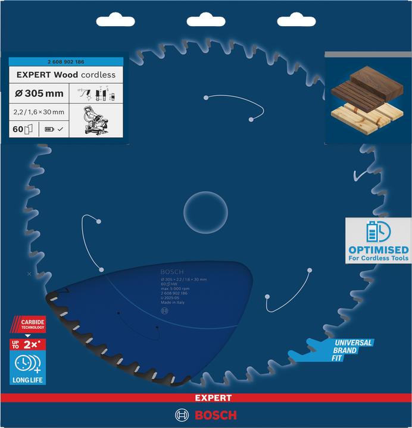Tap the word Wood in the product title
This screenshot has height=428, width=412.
point(69,75)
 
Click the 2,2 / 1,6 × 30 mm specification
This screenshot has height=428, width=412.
point(39,112)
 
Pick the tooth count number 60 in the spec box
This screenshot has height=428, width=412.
point(17,128)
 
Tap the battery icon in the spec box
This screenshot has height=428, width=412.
point(49,128)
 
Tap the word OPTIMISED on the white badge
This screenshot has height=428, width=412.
point(379,249)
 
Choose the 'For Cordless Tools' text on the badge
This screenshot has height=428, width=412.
point(379,258)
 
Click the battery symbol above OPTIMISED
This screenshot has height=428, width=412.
point(377,231)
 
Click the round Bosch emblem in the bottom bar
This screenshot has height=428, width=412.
point(182,415)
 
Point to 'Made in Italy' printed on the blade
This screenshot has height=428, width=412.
point(173,303)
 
